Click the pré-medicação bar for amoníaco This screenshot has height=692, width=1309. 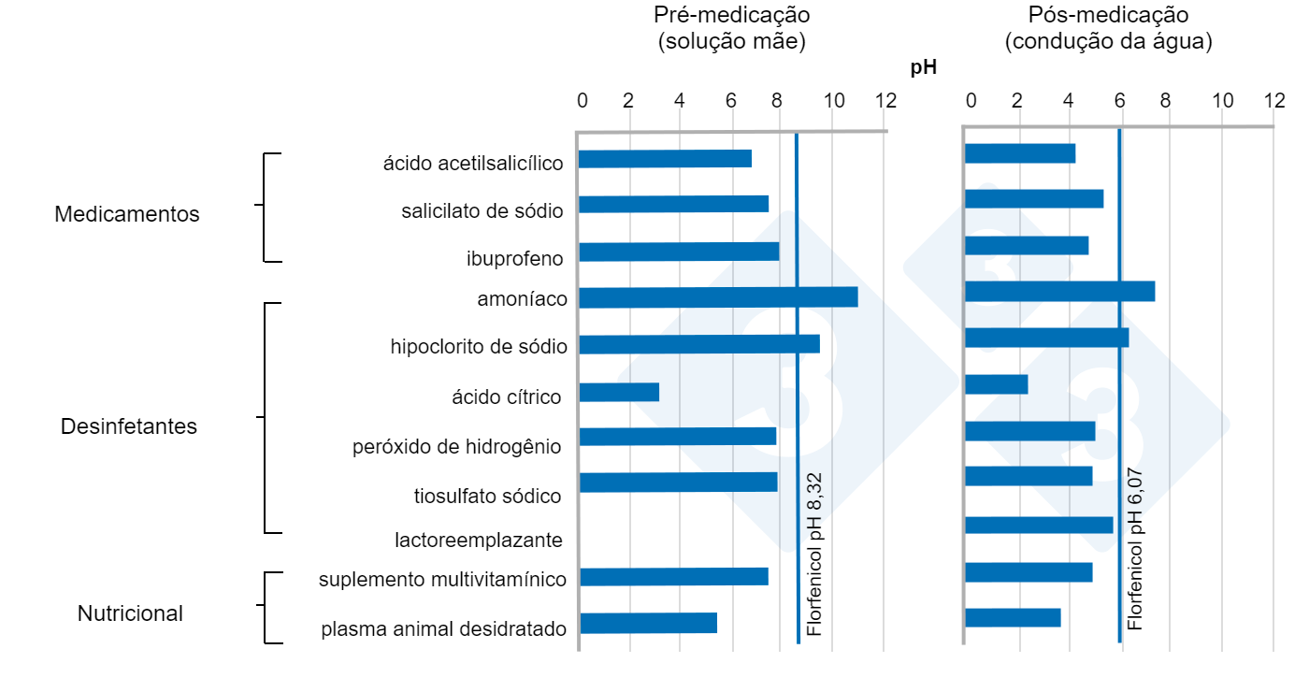click(718, 297)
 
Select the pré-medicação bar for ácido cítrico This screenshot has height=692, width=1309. click(619, 392)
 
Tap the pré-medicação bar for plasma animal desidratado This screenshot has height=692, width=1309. click(648, 623)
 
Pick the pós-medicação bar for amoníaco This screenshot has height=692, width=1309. click(1059, 291)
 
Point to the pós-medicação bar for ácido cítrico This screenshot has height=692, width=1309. click(996, 384)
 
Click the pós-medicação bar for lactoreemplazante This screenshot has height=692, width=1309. click(1039, 525)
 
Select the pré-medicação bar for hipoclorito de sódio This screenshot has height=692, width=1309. click(699, 344)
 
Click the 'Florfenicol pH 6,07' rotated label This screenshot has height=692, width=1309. click(1136, 549)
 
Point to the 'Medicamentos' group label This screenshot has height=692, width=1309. click(127, 214)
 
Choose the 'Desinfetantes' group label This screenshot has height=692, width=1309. click(129, 426)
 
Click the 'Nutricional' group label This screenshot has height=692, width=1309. click(130, 614)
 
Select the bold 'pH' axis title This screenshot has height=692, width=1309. click(924, 67)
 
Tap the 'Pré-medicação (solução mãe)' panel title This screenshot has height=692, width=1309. click(731, 29)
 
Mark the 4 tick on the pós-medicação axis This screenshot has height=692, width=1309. click(1068, 101)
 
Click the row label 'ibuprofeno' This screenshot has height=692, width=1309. click(515, 259)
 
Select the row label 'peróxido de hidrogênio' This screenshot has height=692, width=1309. click(457, 447)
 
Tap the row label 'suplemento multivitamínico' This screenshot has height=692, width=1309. click(442, 580)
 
